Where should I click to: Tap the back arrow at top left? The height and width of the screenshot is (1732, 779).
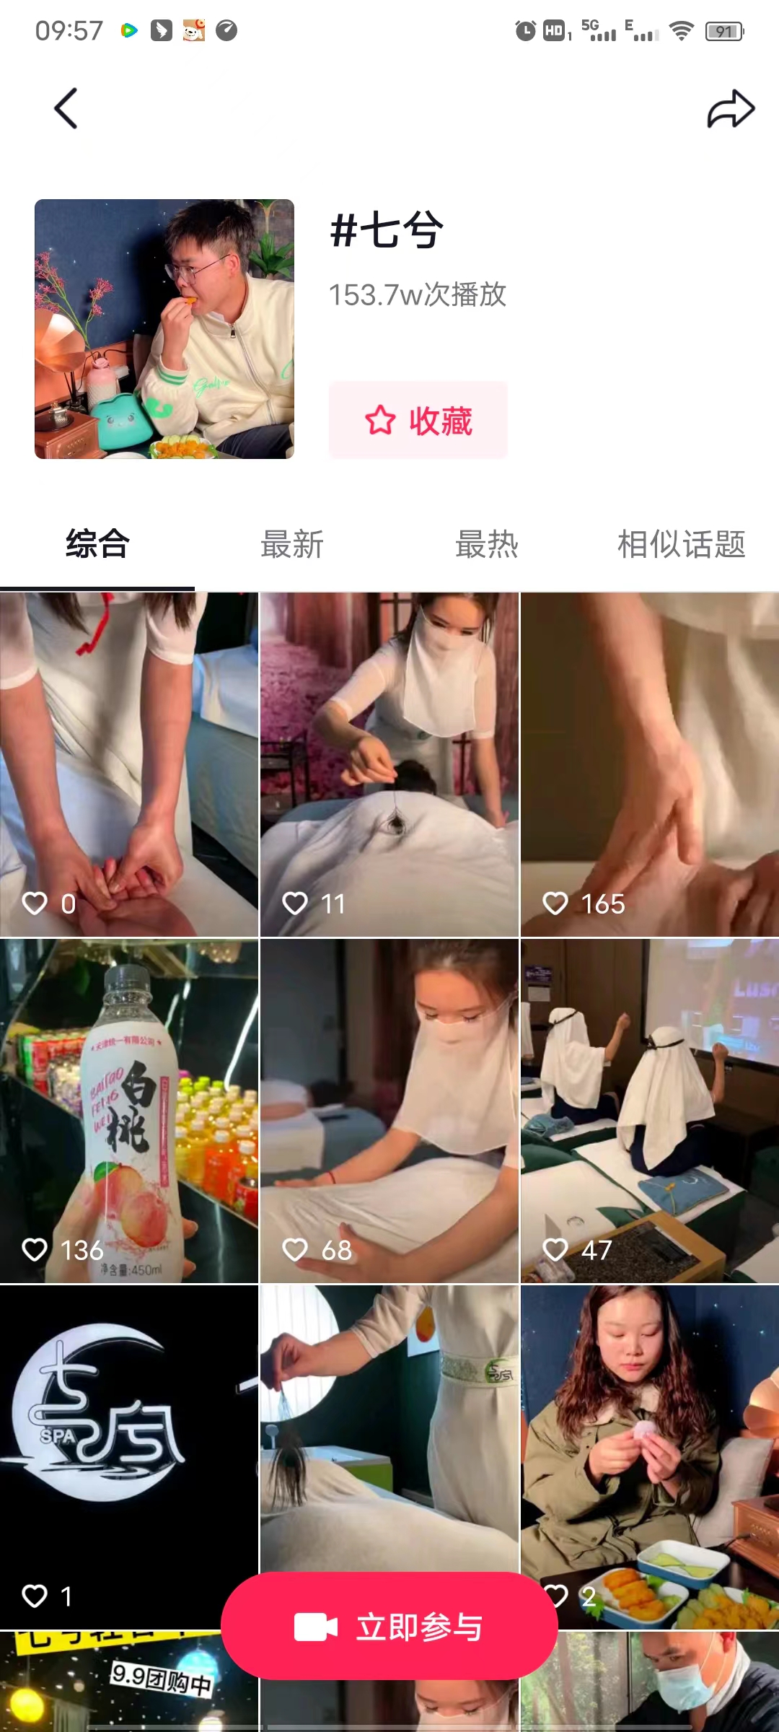66,109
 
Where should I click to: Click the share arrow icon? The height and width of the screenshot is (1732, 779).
730,109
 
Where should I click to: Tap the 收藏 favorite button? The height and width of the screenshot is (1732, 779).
418,420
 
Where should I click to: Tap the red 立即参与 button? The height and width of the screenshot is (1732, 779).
389,1627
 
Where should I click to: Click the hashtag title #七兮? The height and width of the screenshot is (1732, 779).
387,231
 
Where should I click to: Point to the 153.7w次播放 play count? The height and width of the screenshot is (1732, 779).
418,294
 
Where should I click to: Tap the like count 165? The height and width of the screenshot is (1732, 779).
603,904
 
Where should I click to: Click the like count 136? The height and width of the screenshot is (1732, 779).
82,1250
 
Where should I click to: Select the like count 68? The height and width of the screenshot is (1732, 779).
336,1250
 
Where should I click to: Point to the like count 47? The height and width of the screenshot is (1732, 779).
597,1250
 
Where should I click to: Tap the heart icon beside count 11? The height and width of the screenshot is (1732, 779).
295,903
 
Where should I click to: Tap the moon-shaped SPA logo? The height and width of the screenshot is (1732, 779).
101,1414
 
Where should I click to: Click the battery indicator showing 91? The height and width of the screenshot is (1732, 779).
724,31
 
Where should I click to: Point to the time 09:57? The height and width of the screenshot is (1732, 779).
69,31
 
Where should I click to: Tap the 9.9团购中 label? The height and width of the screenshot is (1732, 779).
162,1679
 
